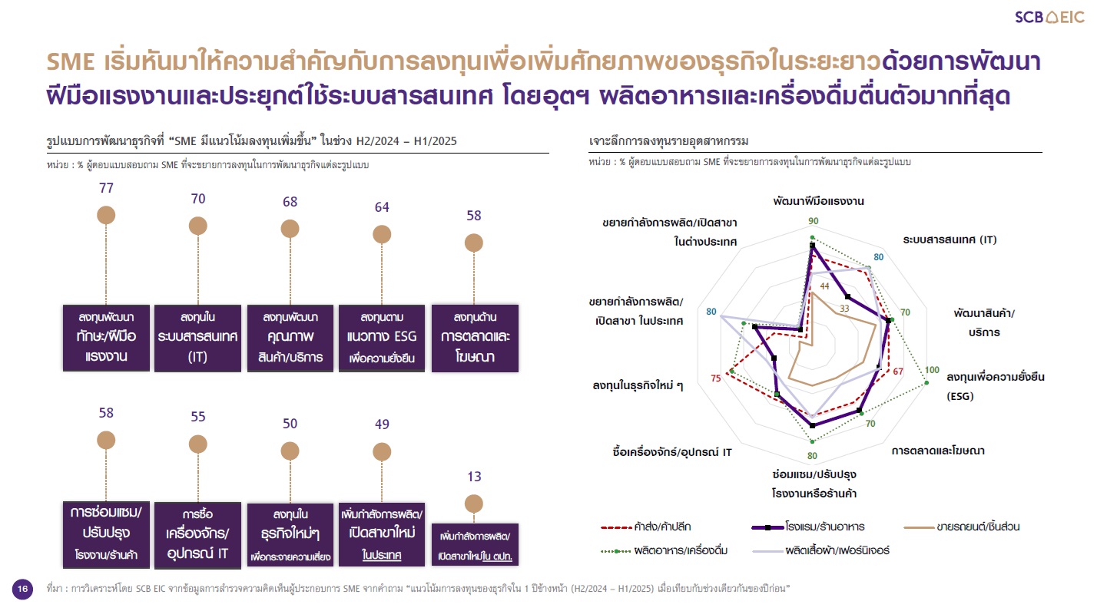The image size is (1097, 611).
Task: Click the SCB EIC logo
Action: point(1049,18)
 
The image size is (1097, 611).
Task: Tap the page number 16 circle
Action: point(22,589)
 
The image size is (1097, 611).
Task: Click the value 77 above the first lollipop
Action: point(106,188)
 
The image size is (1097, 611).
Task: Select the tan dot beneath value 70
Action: point(198,226)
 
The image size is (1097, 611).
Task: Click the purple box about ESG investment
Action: point(382,338)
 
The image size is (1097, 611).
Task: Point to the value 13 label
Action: point(474,477)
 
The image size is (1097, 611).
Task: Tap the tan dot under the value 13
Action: point(473,504)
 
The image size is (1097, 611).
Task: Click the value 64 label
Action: point(382,207)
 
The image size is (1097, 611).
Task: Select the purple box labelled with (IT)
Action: point(198,338)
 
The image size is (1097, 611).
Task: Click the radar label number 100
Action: point(932,370)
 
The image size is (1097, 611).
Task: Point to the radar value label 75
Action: point(716,378)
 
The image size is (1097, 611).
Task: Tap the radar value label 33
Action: point(844,309)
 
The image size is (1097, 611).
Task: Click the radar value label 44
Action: point(825,286)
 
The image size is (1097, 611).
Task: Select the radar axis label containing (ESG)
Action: point(995,386)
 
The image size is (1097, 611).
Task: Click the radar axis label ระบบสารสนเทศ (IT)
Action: point(950,239)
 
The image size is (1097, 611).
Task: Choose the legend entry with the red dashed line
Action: point(645,527)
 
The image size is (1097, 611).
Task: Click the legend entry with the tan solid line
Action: point(961,527)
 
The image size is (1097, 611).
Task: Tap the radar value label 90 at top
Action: point(813,221)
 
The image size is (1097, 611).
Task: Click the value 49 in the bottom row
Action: point(382,424)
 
